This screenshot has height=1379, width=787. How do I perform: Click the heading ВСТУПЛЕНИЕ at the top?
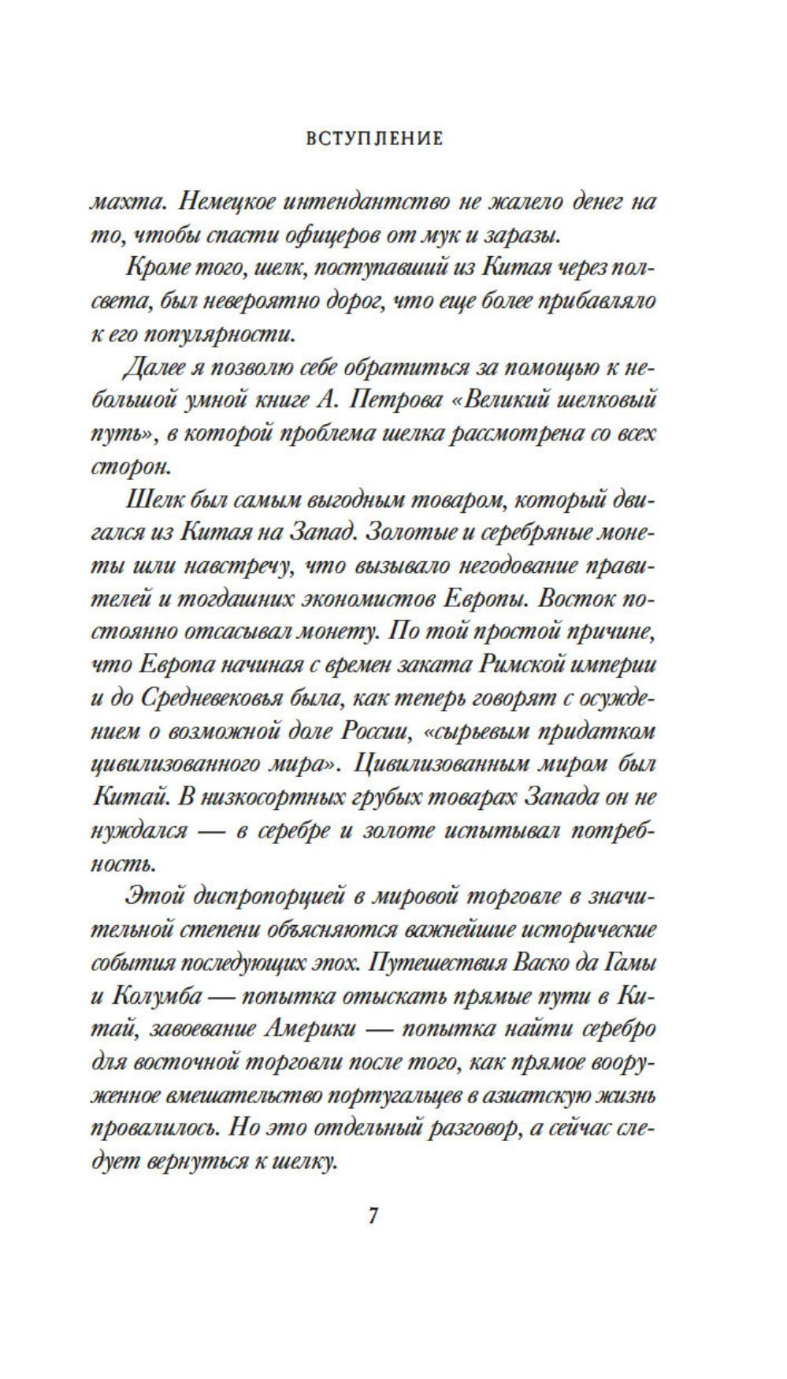point(373,139)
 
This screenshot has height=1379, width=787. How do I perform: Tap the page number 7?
point(373,1215)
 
